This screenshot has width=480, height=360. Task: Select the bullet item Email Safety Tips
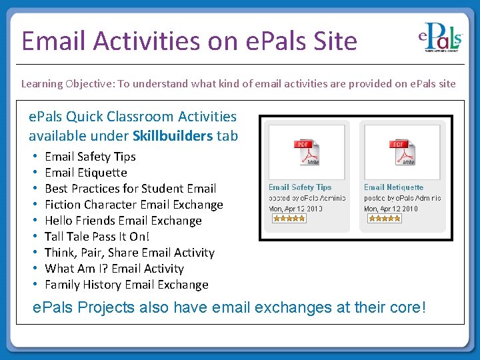[x=90, y=157]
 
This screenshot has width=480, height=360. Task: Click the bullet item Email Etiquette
[x=85, y=173]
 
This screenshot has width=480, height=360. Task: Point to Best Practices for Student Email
[x=130, y=189]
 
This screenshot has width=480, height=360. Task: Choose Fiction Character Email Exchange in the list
[x=133, y=205]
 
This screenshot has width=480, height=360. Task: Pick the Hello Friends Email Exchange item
[x=123, y=221]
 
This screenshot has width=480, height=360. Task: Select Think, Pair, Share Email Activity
[x=129, y=253]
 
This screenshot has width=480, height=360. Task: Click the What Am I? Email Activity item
[x=114, y=269]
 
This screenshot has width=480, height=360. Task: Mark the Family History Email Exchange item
[x=126, y=285]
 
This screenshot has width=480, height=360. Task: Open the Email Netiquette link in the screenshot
[x=393, y=187]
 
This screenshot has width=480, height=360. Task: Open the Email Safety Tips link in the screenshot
[x=300, y=187]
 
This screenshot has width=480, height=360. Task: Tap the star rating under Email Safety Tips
[x=289, y=218]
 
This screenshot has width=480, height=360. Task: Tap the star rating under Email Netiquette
[x=384, y=218]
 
